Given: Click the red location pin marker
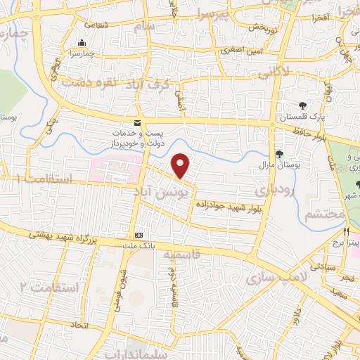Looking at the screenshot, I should click(x=181, y=165).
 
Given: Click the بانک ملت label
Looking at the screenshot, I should click(x=139, y=245).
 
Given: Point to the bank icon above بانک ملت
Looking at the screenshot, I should click(x=139, y=235).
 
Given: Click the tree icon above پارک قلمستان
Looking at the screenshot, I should click(x=303, y=105).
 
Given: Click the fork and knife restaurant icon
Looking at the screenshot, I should click(x=345, y=231).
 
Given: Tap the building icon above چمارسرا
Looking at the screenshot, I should click(x=83, y=42).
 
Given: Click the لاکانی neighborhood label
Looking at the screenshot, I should click(x=271, y=71).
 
